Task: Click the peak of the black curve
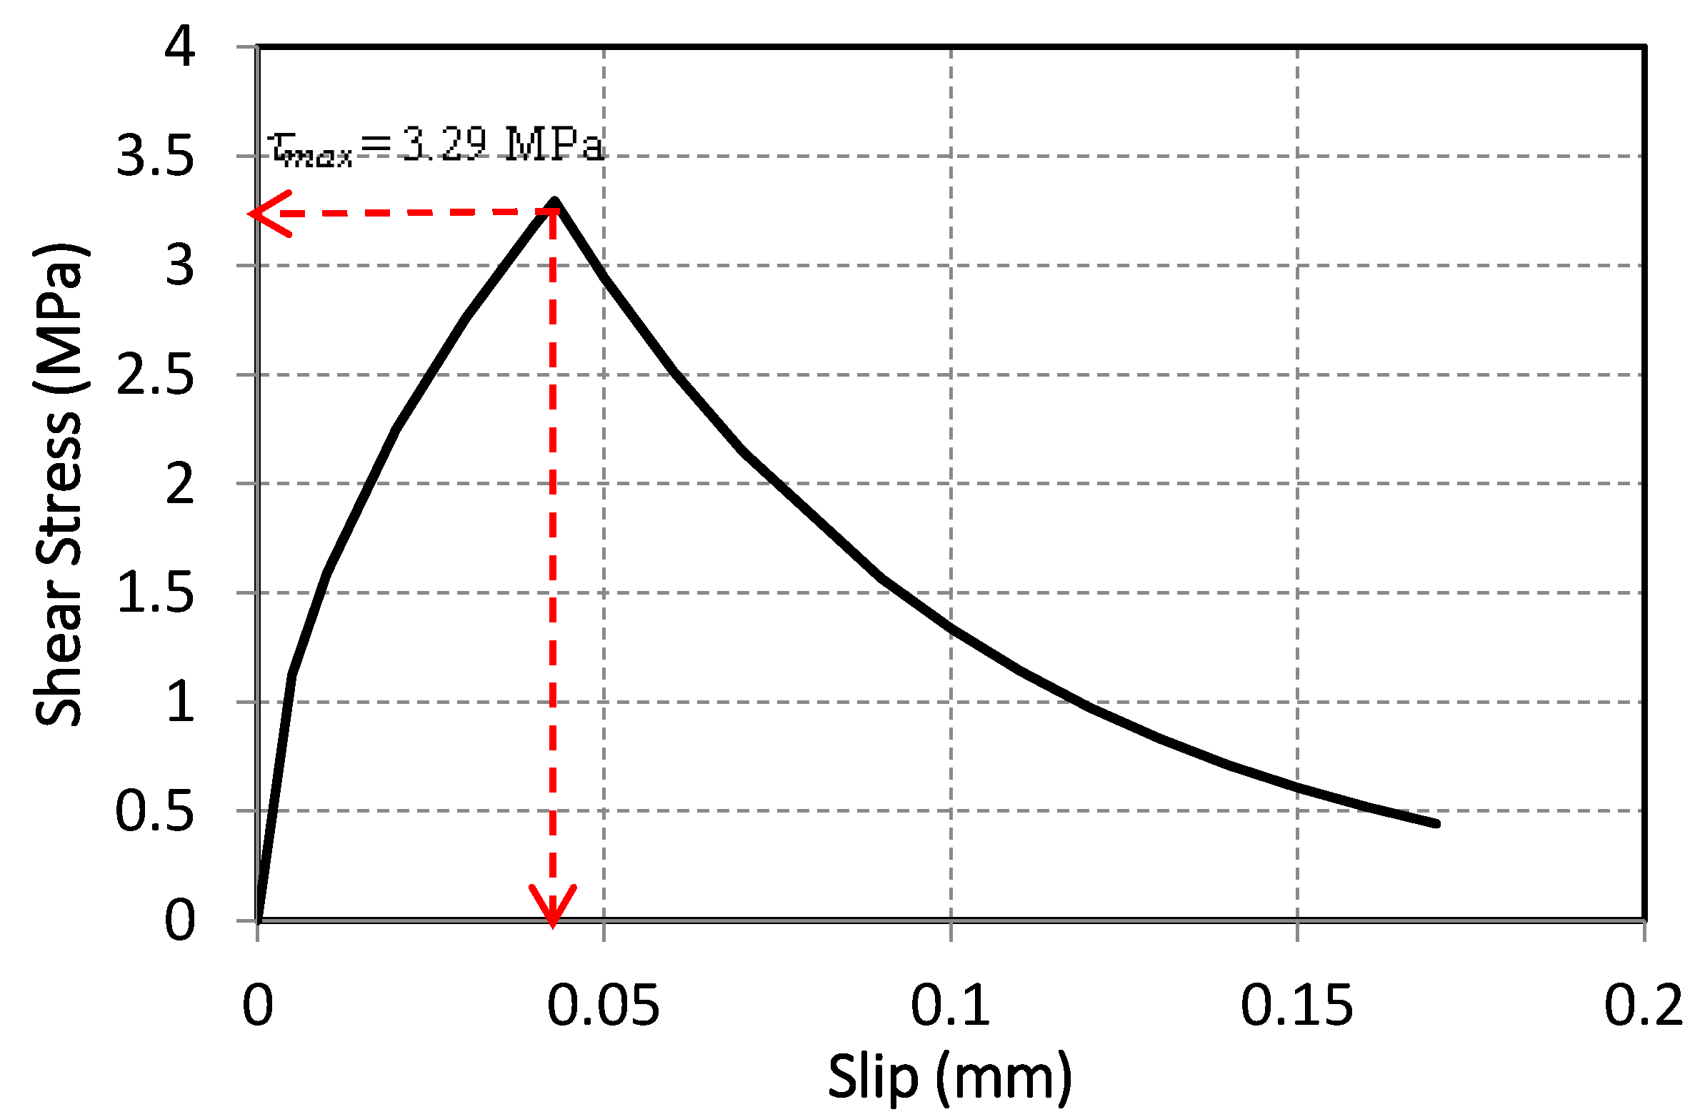coord(554,202)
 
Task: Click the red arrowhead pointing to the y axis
coord(266,213)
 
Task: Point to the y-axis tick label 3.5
coord(154,156)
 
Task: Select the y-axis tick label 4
coord(179,46)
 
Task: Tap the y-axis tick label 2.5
coord(154,374)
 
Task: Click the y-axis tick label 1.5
coord(154,592)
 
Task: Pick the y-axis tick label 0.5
coord(154,811)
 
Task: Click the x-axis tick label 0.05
coord(603,1006)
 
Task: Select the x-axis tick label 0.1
coord(950,1006)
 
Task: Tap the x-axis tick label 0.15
coord(1296,1006)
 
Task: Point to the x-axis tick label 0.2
coord(1643,1006)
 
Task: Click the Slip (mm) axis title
coord(950,1077)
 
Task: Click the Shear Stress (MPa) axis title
coord(60,486)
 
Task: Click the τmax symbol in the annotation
coord(311,149)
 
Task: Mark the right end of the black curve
coord(1436,824)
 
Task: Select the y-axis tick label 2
coord(179,484)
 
